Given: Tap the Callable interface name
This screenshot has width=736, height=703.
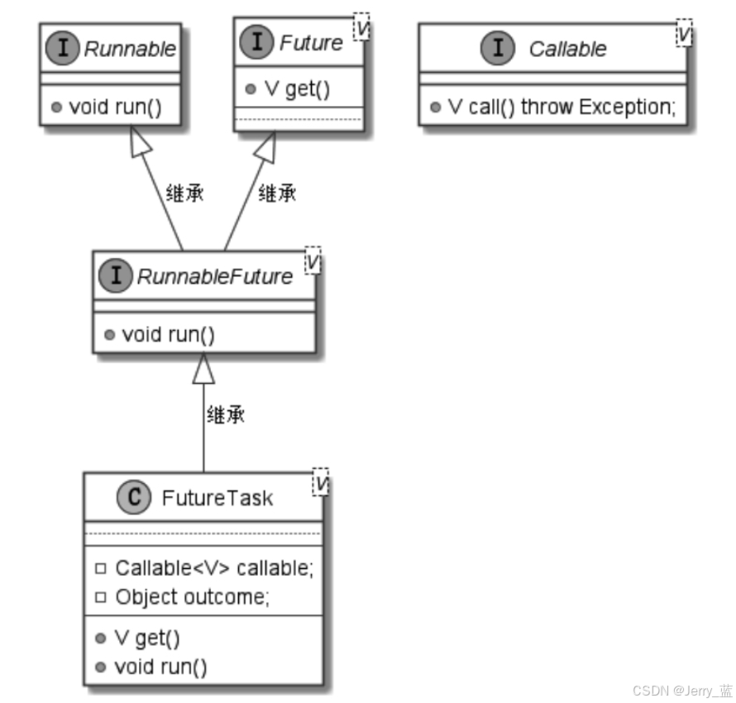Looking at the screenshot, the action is [567, 49].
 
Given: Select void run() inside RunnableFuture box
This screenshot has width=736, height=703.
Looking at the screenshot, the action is [169, 334].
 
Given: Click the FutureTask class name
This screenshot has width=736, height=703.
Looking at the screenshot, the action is [217, 499].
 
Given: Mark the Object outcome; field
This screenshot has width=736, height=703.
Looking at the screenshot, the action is [192, 596].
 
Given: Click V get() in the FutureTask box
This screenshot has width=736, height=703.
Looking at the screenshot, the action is [146, 638].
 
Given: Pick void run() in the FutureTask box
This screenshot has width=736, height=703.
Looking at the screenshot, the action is [160, 666].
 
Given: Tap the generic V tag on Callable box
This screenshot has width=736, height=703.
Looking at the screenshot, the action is [683, 35].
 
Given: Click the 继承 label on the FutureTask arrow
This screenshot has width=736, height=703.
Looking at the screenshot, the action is [225, 415].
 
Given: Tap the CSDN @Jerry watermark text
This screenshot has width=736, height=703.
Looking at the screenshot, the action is [682, 691].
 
